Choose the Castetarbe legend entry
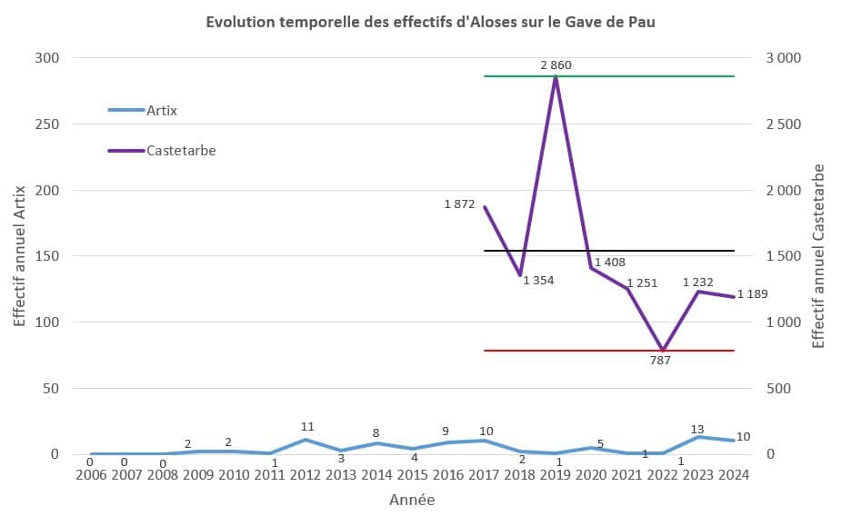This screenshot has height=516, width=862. (180, 150)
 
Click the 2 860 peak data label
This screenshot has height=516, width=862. (556, 65)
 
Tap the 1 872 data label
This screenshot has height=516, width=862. (460, 204)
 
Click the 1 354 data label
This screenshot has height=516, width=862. (538, 280)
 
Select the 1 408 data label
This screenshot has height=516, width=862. (608, 263)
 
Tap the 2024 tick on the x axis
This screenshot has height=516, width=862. (734, 475)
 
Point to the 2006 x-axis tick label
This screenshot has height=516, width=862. (91, 475)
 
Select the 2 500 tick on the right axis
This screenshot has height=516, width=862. (780, 124)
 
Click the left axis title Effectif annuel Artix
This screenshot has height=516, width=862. (19, 256)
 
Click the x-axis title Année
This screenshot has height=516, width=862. (412, 500)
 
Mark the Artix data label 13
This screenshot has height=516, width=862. (697, 429)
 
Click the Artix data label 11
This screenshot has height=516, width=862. (307, 426)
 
